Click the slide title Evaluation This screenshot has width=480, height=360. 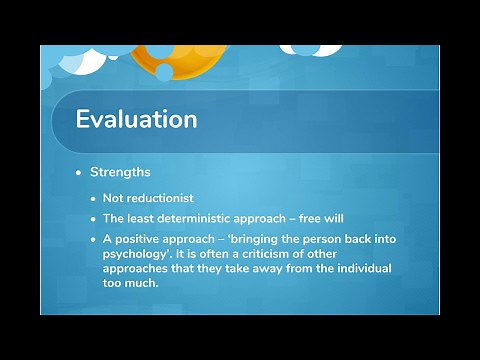pos(136,119)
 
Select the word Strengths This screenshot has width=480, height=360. pos(120,172)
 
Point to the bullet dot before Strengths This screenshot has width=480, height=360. pos(80,173)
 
